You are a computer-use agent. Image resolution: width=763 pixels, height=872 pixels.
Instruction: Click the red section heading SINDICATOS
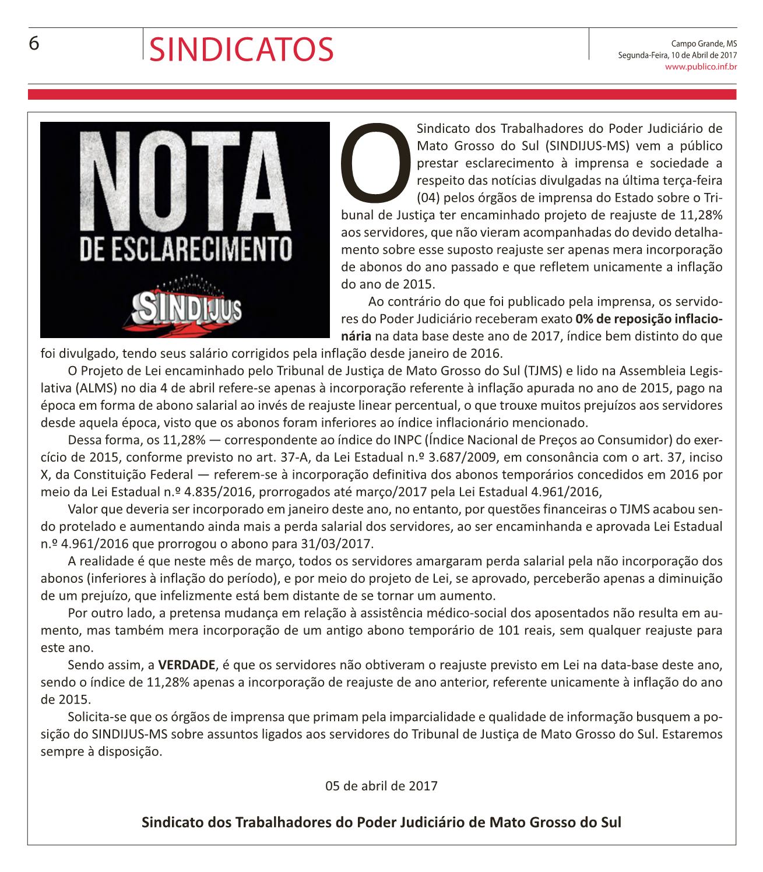[241, 49]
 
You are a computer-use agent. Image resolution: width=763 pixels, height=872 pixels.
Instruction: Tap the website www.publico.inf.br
[701, 67]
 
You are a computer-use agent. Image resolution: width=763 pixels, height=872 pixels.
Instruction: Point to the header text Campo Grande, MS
[704, 43]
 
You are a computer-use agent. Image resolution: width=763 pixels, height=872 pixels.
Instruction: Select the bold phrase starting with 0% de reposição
[648, 319]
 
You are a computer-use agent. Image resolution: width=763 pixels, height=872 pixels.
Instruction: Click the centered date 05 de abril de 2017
[381, 786]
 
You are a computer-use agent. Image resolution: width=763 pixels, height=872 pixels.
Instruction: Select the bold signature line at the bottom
[381, 822]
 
